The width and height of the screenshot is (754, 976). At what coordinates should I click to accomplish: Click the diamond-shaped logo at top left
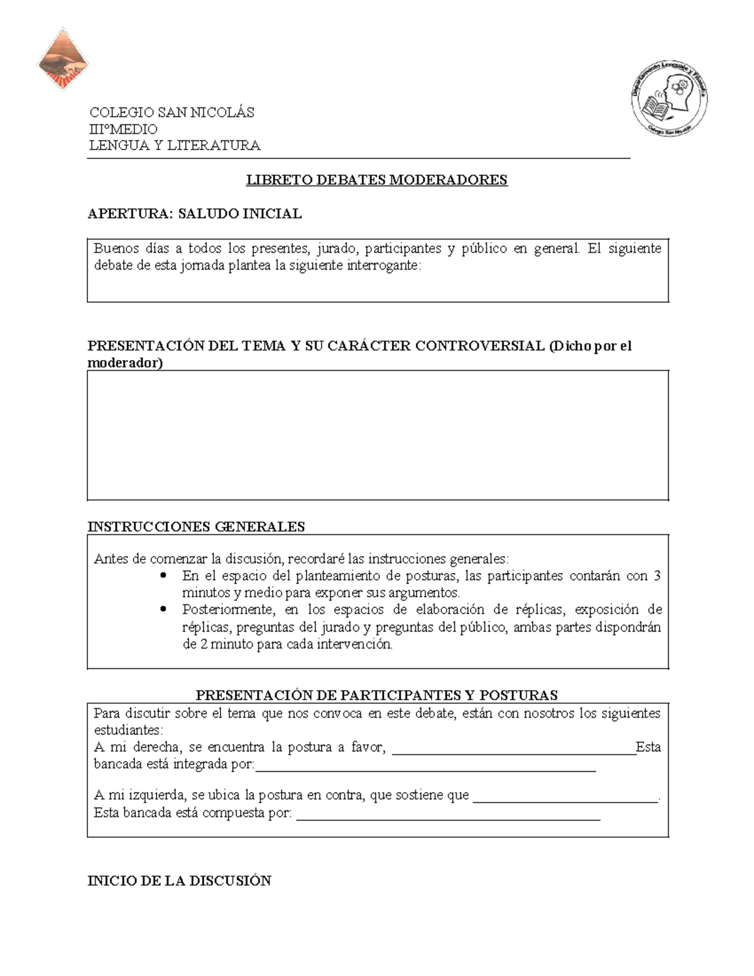pos(63,59)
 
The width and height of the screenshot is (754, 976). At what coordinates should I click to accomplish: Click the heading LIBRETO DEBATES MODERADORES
pos(376,180)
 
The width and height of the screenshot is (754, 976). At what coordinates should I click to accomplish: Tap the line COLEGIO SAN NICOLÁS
pos(172,112)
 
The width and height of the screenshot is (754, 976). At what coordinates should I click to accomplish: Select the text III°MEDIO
pos(124,129)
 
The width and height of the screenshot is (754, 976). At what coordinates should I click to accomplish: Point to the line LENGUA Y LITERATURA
pos(175,146)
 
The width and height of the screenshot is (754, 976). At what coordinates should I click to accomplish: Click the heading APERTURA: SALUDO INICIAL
pos(195,214)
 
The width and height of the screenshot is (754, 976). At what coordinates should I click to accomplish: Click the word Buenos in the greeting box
pos(116,248)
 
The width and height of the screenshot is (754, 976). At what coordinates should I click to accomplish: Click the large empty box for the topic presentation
pos(377,435)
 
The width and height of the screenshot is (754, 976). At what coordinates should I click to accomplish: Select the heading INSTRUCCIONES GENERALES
pos(196,527)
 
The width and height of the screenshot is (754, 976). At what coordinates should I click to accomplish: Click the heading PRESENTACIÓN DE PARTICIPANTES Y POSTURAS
pos(376,695)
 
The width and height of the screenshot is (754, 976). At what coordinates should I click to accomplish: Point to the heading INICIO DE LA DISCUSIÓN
pos(179,880)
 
